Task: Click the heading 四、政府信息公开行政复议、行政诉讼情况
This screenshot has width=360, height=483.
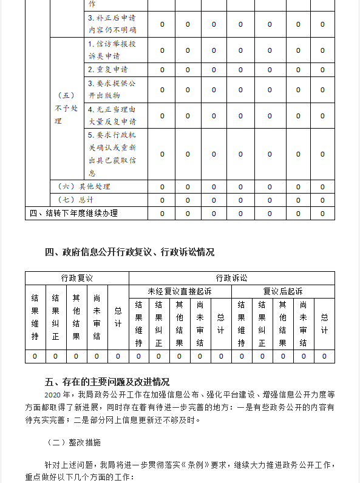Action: tap(130, 252)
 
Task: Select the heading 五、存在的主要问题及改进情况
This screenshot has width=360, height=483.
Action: tap(107, 382)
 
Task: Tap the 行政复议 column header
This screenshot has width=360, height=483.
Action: tap(76, 278)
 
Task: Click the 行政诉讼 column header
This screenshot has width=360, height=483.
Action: tap(231, 278)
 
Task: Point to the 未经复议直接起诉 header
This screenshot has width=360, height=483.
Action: tap(180, 291)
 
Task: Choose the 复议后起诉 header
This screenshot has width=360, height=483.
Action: tap(282, 291)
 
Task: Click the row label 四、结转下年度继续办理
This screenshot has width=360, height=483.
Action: tap(73, 213)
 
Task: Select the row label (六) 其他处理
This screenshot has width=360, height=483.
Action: tap(84, 186)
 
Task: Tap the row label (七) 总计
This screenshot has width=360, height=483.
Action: tap(76, 200)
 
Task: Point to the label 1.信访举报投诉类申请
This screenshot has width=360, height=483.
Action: tap(111, 50)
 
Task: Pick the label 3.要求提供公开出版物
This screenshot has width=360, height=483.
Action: tap(111, 89)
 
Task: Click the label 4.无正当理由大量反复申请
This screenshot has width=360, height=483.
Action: tap(111, 115)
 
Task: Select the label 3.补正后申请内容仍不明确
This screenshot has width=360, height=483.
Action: tap(112, 24)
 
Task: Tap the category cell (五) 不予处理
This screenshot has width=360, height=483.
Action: tap(66, 108)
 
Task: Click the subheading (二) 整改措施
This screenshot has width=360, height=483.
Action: tap(74, 442)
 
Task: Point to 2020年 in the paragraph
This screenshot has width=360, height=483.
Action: tap(55, 394)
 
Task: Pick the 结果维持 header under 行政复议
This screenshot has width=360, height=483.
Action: tap(35, 318)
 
